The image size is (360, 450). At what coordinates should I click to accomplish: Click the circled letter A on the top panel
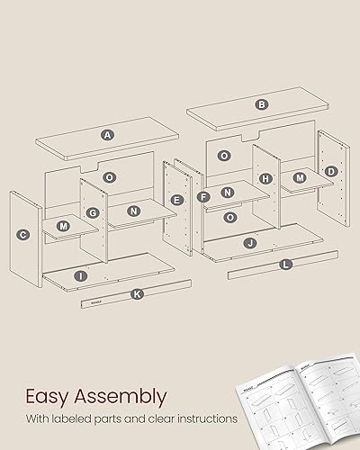click(108, 136)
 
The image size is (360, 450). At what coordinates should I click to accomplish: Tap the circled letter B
click(261, 104)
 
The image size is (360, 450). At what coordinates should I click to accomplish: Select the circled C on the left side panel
click(22, 235)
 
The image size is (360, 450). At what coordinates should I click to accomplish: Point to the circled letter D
click(331, 171)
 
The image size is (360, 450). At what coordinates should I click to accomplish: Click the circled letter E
click(176, 200)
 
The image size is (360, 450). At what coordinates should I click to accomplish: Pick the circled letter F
click(203, 196)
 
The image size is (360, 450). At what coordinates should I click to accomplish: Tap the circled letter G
click(93, 213)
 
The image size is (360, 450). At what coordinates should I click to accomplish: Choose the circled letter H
click(265, 179)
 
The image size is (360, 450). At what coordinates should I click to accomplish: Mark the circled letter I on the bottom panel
click(81, 276)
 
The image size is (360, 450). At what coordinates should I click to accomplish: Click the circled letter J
click(250, 242)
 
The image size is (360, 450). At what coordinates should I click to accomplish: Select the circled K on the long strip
click(137, 294)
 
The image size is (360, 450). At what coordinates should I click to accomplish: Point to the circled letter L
click(285, 264)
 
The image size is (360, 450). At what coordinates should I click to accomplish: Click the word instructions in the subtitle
click(205, 418)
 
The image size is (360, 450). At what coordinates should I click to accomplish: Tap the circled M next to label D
click(300, 178)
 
